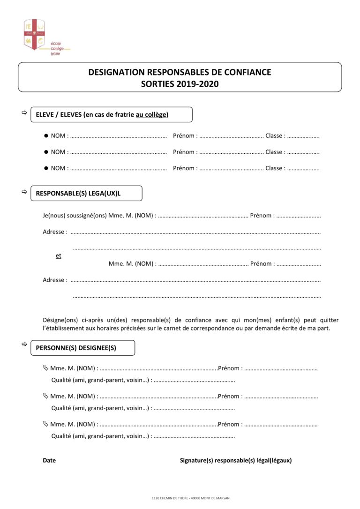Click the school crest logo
[x=34, y=34]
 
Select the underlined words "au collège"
[x=151, y=114]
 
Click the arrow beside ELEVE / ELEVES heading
[x=24, y=113]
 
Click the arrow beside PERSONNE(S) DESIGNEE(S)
[x=24, y=344]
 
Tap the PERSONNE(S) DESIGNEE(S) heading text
[x=76, y=348]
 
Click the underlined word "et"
[x=59, y=256]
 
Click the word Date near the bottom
[x=49, y=460]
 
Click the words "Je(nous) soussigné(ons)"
[x=75, y=216]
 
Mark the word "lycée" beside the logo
[x=55, y=54]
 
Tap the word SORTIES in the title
[x=157, y=84]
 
